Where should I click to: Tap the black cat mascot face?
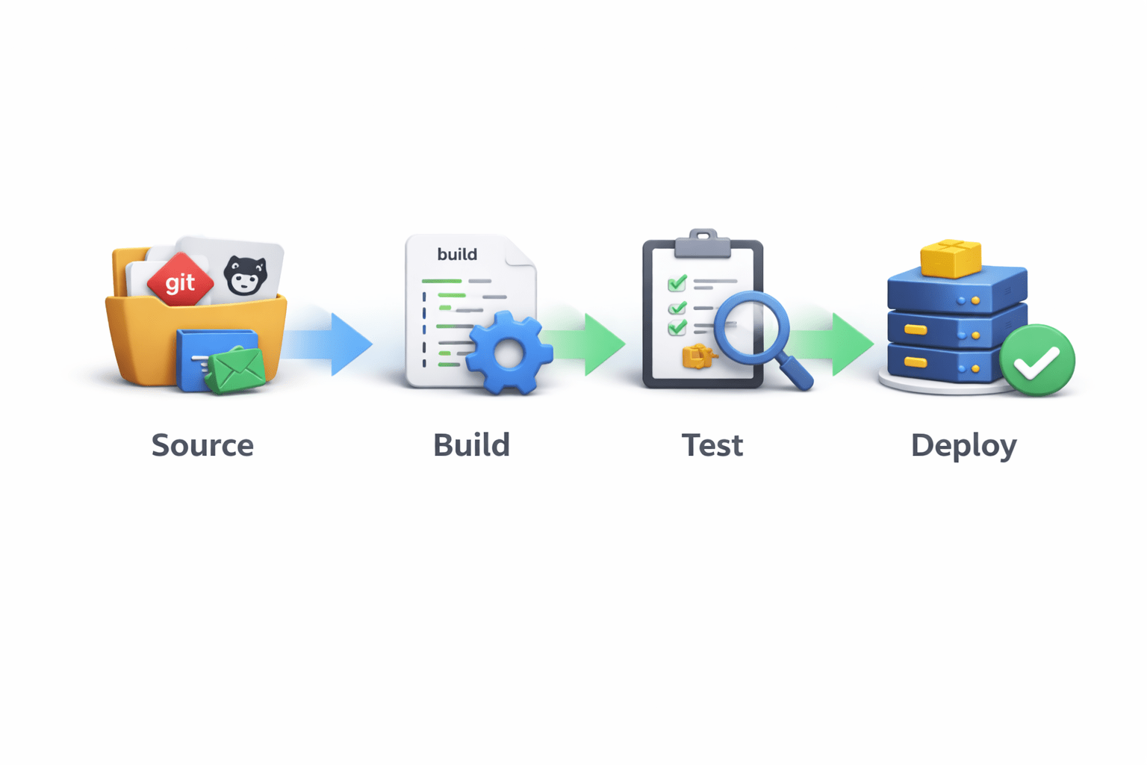(245, 275)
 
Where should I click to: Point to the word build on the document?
(457, 254)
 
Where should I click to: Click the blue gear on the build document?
(509, 353)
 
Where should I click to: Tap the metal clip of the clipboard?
(702, 243)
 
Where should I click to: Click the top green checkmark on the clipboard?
(677, 283)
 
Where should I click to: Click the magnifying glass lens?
(751, 327)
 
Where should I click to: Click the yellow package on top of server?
(951, 258)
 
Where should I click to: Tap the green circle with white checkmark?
(1036, 361)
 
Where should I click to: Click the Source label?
(202, 445)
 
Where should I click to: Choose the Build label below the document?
(471, 445)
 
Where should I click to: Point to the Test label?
(712, 445)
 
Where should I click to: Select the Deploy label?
(963, 446)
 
